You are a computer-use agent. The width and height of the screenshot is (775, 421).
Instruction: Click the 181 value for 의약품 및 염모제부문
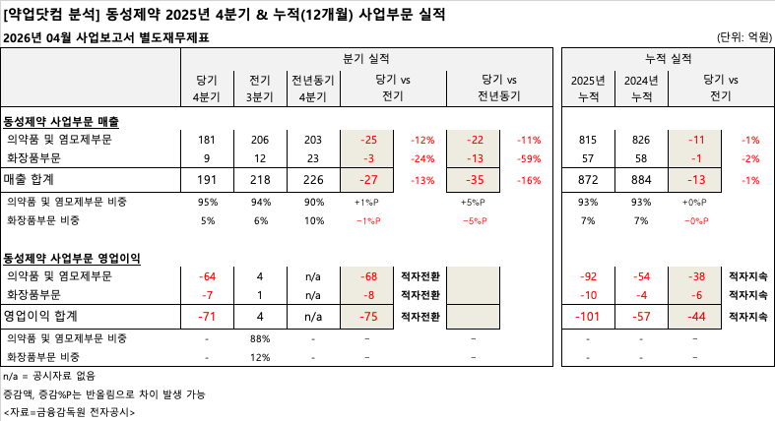(x=207, y=141)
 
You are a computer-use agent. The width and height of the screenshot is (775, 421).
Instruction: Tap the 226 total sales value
(x=312, y=180)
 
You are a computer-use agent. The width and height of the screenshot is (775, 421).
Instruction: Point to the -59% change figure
(x=530, y=159)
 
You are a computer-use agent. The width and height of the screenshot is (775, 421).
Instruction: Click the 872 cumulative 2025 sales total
(x=589, y=180)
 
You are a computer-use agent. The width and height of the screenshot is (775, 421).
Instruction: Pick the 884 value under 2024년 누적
(x=641, y=180)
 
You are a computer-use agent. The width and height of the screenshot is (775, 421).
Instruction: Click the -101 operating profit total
(x=589, y=317)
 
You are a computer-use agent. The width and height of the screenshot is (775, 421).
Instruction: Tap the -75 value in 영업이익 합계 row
(x=369, y=317)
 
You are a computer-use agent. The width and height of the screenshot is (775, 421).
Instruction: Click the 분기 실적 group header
(x=367, y=59)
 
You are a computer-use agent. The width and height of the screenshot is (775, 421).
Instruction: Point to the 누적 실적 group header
(x=668, y=59)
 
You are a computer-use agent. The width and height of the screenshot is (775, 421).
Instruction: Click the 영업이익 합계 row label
(x=40, y=317)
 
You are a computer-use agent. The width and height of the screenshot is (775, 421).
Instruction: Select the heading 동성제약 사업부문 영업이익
(x=72, y=258)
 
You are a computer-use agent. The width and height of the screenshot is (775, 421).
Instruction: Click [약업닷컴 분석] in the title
(x=49, y=14)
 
